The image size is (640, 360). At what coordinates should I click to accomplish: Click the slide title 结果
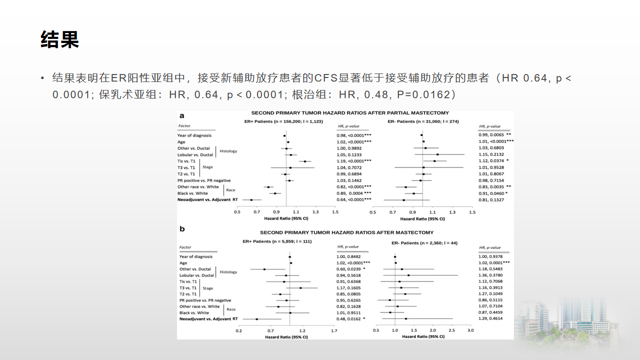click(59, 39)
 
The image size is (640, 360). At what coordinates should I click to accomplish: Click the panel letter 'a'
click(182, 115)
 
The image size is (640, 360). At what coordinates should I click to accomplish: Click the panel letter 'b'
click(182, 229)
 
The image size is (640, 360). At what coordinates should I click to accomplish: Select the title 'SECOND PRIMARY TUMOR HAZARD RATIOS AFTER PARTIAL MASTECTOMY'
click(350, 113)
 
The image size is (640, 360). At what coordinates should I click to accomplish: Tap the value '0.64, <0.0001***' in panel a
click(354, 199)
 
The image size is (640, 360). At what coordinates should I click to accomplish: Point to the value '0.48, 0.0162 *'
click(351, 318)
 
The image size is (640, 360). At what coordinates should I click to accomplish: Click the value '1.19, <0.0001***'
click(354, 161)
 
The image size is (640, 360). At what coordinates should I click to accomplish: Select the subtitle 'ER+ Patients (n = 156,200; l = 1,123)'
click(283, 121)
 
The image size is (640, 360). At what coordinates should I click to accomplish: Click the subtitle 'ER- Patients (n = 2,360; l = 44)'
click(424, 243)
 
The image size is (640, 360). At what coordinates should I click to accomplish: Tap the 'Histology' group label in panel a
click(228, 151)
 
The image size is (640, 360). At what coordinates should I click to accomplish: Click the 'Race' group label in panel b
click(231, 309)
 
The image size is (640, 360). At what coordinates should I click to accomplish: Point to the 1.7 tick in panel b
click(334, 330)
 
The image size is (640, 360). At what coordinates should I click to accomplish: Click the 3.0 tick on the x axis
click(470, 330)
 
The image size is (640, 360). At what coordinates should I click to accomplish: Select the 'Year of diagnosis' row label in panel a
click(194, 135)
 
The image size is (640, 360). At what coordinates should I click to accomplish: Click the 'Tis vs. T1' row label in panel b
click(188, 281)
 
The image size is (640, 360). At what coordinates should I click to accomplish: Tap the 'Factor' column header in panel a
click(184, 126)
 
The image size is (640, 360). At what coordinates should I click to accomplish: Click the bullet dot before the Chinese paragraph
click(43, 78)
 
